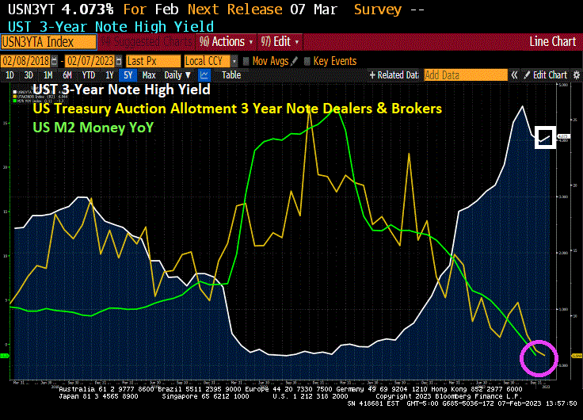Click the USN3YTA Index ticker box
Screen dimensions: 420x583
click(x=48, y=41)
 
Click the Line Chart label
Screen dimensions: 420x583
click(x=552, y=41)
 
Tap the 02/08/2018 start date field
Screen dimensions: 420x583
click(x=31, y=61)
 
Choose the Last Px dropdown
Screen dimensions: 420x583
click(x=151, y=61)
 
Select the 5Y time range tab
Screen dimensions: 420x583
click(x=127, y=75)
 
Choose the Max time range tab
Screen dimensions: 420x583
click(x=148, y=75)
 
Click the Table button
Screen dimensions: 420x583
click(x=231, y=75)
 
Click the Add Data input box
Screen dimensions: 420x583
click(x=465, y=75)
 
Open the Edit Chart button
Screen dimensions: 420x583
click(x=546, y=75)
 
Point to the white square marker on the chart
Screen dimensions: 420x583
click(x=545, y=137)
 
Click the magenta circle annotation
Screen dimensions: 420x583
click(x=539, y=357)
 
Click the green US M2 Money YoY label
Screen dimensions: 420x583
click(x=93, y=127)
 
